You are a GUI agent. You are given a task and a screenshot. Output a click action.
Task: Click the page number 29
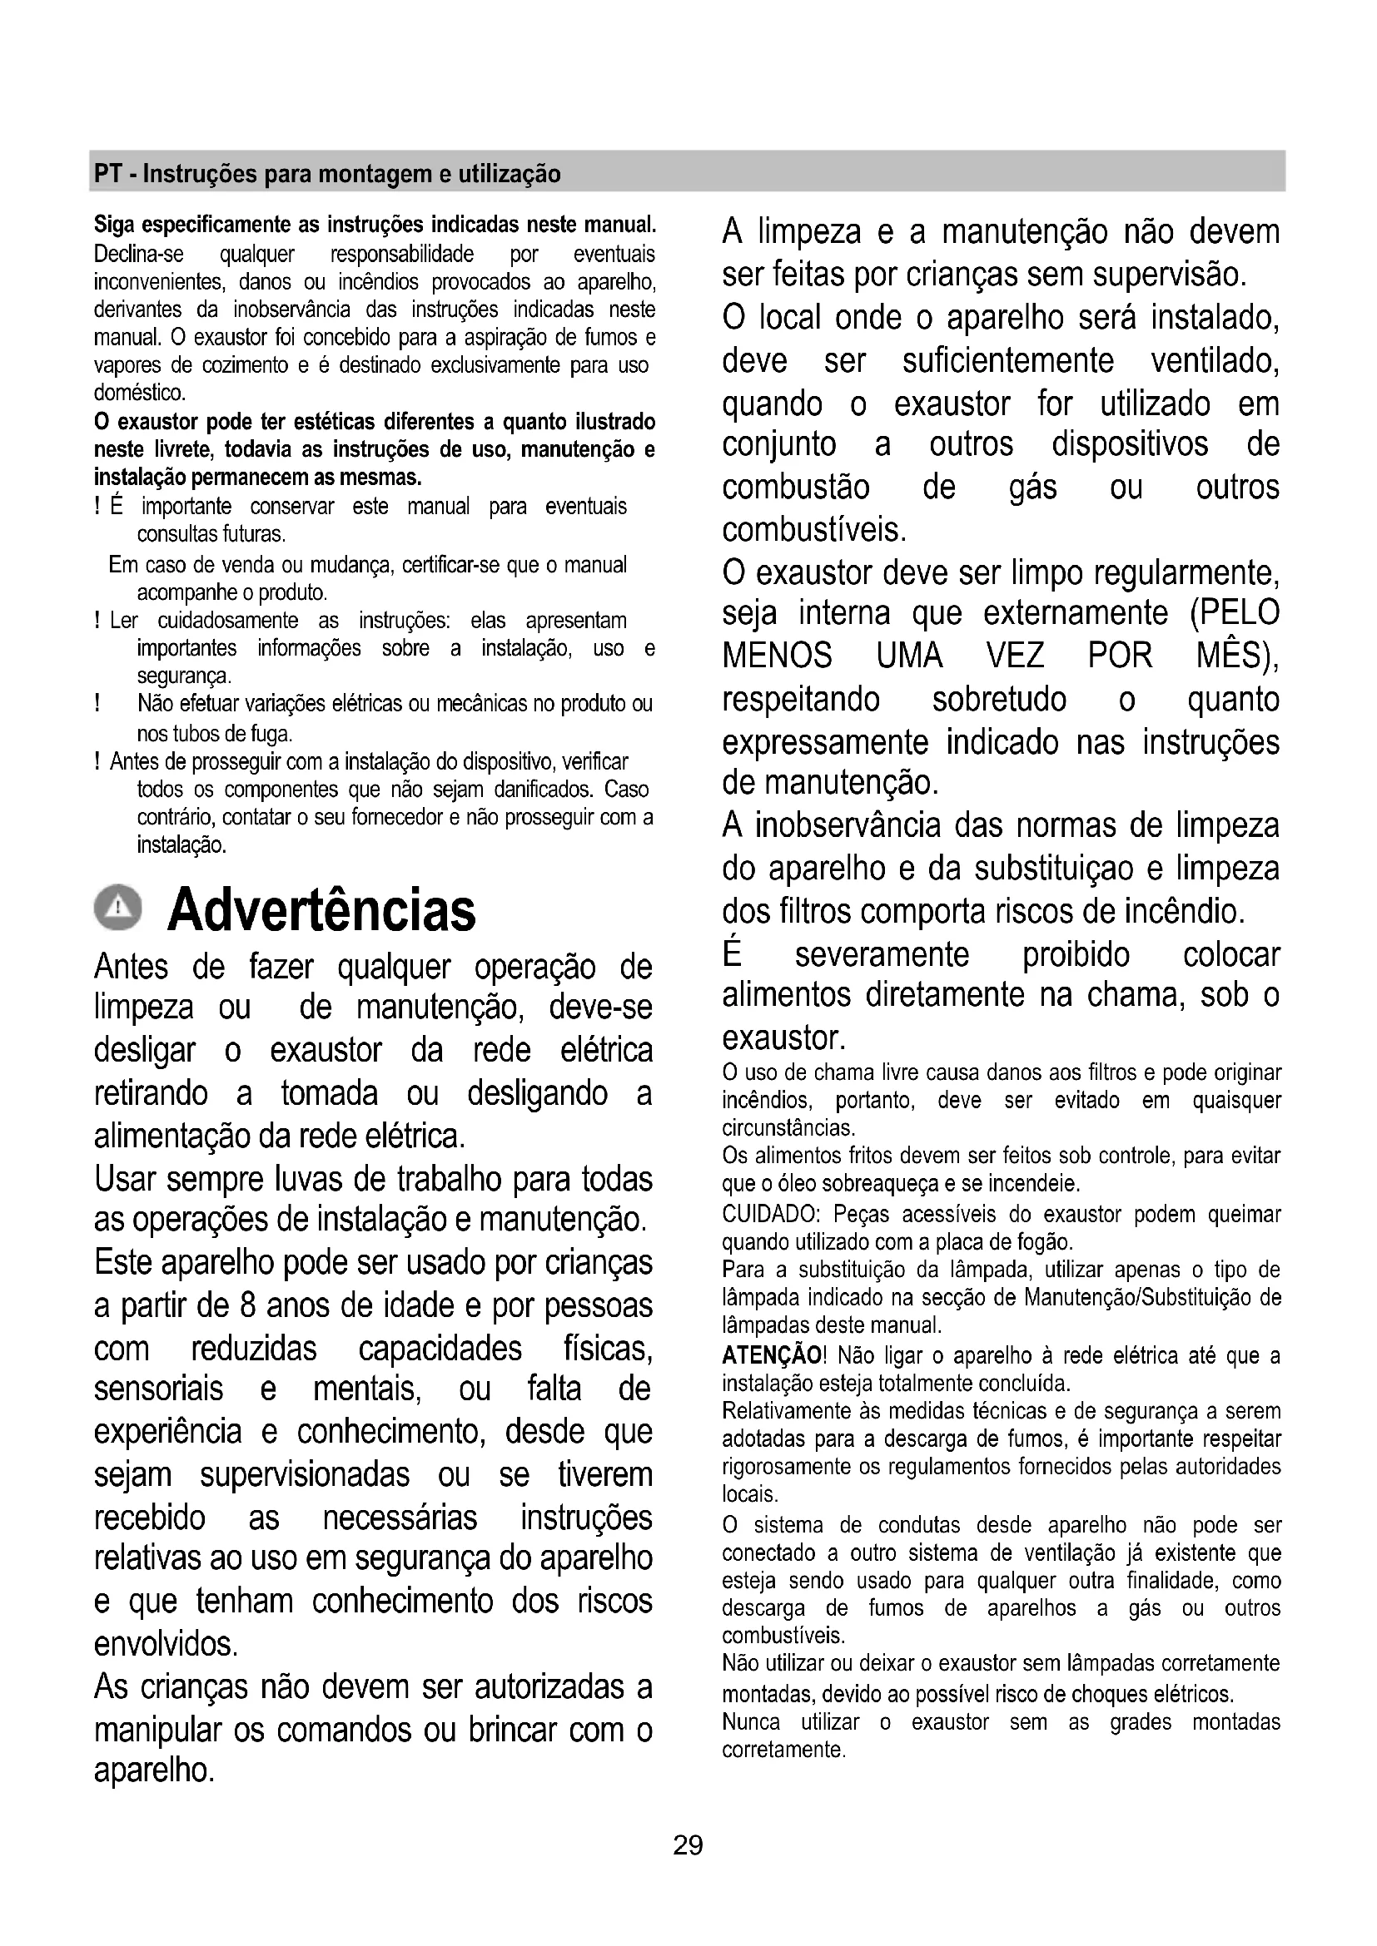coord(688,1845)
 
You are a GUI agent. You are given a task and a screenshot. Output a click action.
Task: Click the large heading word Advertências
coord(321,910)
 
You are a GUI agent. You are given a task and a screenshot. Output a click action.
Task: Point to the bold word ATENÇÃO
coord(771,1355)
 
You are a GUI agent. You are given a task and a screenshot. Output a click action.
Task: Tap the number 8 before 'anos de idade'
coord(246,1305)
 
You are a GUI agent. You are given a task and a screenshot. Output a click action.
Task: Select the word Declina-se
coord(139,255)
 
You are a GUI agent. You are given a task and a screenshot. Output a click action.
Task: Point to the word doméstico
coord(139,394)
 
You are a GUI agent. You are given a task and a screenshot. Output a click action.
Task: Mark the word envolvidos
coord(166,1643)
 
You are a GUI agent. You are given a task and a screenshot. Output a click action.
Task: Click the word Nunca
coord(751,1721)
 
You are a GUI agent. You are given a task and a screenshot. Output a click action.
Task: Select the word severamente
coord(882,954)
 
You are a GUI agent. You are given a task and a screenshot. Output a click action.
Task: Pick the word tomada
coord(330,1093)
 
